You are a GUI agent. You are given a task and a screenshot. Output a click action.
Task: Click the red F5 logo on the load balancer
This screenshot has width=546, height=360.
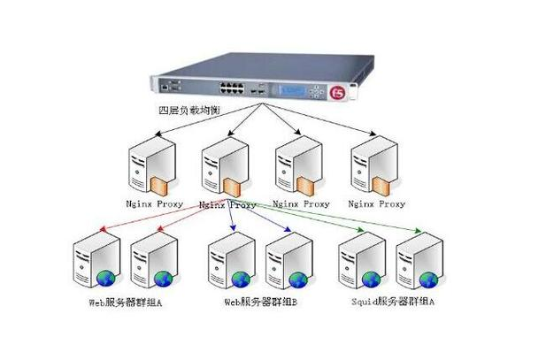pyautogui.click(x=337, y=92)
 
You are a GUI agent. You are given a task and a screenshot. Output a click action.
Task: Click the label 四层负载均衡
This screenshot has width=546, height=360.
pyautogui.click(x=188, y=111)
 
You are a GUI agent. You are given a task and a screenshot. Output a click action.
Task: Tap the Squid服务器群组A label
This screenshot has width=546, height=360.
pyautogui.click(x=392, y=303)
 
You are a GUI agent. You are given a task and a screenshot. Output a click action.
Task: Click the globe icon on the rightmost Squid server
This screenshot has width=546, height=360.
pyautogui.click(x=431, y=280)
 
